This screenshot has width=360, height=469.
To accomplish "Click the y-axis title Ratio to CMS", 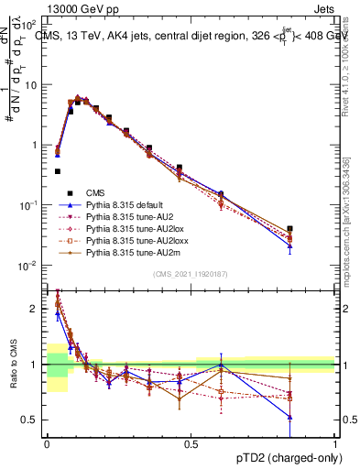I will (12, 364).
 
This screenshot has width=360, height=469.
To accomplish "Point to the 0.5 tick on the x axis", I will (191, 442).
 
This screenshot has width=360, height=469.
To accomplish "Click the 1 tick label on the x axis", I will (335, 442).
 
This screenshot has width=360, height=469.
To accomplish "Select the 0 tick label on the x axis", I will (47, 442).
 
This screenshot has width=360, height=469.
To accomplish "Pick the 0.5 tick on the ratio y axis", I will (34, 420).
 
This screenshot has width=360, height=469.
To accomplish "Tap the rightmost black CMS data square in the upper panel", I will (316, 229).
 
